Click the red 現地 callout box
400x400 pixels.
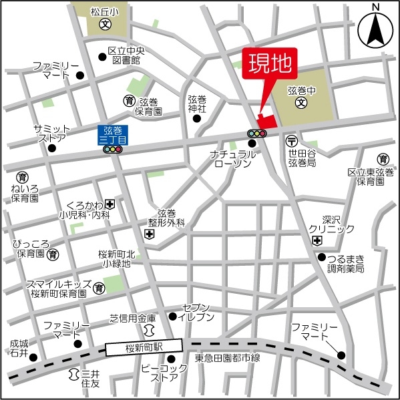[271, 65]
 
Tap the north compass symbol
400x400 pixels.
[375, 28]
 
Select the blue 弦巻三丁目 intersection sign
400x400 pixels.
[112, 136]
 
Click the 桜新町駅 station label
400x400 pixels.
[144, 347]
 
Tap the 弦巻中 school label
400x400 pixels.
[301, 90]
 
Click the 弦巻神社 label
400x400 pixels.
[197, 104]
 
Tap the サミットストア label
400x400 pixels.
[51, 134]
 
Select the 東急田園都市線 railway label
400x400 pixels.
[227, 359]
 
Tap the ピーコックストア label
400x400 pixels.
[160, 373]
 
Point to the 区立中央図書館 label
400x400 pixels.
[126, 55]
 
